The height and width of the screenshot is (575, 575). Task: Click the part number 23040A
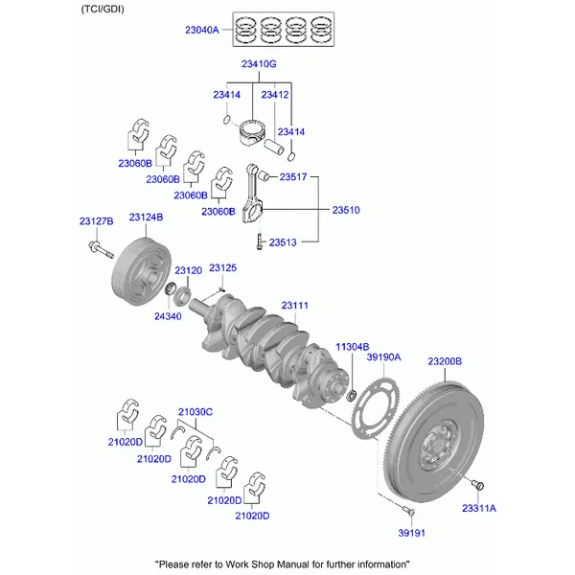pos(201,30)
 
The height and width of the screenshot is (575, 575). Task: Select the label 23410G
pos(259,64)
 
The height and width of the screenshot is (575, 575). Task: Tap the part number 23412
pos(275,95)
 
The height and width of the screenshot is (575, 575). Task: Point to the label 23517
pos(292,176)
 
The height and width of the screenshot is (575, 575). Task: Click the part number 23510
pos(346,209)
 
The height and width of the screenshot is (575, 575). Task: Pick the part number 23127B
pos(96,221)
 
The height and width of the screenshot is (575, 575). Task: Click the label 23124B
pos(146,218)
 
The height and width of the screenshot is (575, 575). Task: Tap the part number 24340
pos(168,316)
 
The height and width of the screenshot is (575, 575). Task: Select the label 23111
pos(294,306)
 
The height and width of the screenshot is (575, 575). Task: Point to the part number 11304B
pos(352,346)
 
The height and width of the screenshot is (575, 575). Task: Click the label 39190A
pos(383,357)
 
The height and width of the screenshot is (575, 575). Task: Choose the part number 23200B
pos(445,361)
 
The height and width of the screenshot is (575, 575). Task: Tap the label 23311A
pos(479,508)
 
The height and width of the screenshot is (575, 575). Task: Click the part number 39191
pos(412,533)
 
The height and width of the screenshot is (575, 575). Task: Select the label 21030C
pos(195,411)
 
